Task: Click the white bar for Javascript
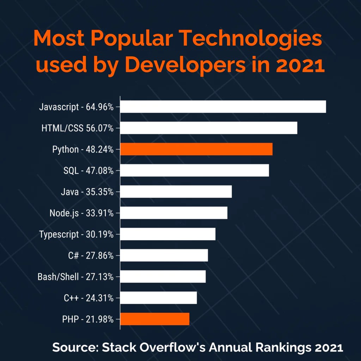[223, 107]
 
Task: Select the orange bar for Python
[196, 149]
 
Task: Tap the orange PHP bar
[155, 319]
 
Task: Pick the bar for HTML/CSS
[209, 128]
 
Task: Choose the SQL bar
[195, 170]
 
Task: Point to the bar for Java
[176, 192]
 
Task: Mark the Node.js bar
[174, 213]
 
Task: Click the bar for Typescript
[168, 234]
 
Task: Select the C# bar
[164, 255]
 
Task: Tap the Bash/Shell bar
[163, 277]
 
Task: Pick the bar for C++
[158, 298]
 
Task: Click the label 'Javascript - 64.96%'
[77, 107]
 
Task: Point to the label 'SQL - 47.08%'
[88, 171]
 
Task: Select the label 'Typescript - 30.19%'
[77, 234]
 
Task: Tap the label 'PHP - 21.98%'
[87, 319]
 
